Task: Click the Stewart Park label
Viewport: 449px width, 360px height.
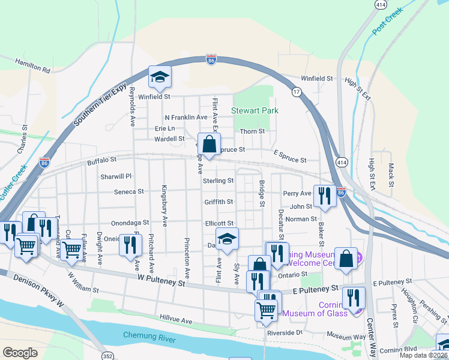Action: click(x=252, y=111)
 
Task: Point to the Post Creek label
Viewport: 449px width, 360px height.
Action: click(x=385, y=23)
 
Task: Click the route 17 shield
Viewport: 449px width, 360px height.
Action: click(x=297, y=92)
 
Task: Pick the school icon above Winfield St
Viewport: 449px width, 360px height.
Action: click(x=160, y=77)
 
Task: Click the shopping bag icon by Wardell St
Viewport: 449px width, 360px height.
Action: click(x=209, y=145)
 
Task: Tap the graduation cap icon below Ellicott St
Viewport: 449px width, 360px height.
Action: click(x=227, y=239)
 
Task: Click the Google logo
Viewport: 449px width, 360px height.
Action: click(x=20, y=353)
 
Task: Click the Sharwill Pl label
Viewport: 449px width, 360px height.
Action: click(x=116, y=176)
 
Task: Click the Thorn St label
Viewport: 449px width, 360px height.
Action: click(x=252, y=131)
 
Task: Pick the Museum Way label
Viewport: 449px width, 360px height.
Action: click(x=346, y=336)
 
